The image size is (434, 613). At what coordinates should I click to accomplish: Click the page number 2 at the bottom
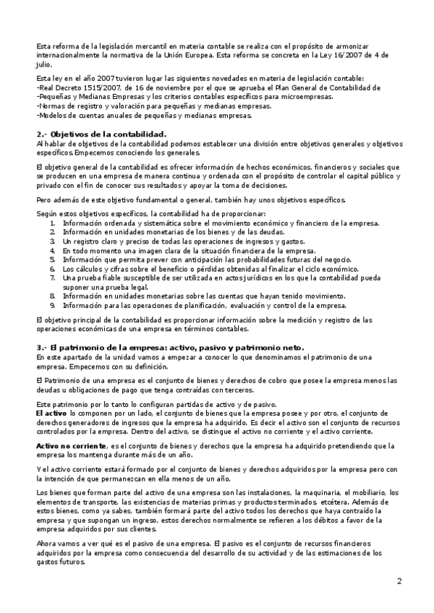tap(399, 580)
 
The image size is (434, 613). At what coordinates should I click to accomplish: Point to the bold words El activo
tap(51, 411)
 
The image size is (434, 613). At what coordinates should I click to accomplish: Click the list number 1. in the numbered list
tap(52, 223)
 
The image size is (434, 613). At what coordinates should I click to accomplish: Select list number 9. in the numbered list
tap(52, 305)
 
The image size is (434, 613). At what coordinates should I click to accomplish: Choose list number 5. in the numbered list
tap(52, 259)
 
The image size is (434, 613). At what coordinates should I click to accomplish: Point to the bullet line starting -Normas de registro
tap(143, 106)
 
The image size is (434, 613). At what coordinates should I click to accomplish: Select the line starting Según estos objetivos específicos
tap(151, 214)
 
